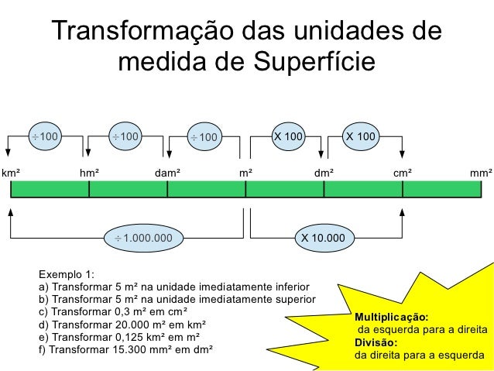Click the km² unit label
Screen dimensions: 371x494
click(11, 173)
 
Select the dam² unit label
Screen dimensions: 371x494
click(167, 173)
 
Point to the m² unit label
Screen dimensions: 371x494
click(245, 173)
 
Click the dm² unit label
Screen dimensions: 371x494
click(324, 173)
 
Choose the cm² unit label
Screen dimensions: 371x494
click(402, 173)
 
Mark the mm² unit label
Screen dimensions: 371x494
click(481, 173)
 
